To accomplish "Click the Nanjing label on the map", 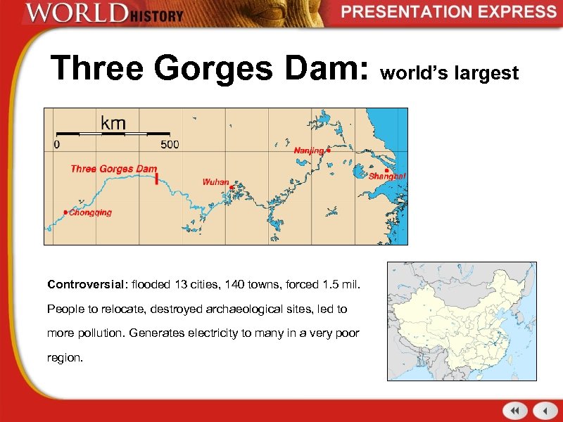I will tap(308, 151).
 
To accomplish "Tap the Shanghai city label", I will tap(387, 176).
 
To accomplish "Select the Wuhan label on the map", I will tap(215, 182).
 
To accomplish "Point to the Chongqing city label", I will tap(90, 212).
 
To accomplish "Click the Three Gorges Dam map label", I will tap(113, 169).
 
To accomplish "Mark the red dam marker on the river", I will tap(156, 178).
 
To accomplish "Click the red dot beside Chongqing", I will tap(65, 212).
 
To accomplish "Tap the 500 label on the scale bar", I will tap(170, 144).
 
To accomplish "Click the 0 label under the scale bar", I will tap(57, 144).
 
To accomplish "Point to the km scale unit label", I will tap(113, 124).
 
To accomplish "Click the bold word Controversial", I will tap(84, 285).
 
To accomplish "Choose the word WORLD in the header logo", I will tap(68, 14).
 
